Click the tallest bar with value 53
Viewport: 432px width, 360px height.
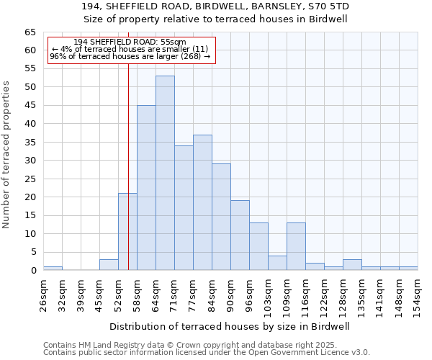tap(165, 173)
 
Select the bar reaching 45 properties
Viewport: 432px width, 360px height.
tap(146, 187)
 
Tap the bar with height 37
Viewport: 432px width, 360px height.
tap(202, 202)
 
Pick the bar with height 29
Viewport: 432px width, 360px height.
tap(221, 217)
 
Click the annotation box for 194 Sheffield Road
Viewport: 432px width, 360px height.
tap(131, 49)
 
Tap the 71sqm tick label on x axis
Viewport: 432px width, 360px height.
tap(174, 294)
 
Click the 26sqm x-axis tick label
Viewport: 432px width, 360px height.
tap(44, 294)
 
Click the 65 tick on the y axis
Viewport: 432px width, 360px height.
tap(30, 32)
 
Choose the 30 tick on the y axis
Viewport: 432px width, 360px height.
tap(30, 161)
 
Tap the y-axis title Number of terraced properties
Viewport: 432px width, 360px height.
tap(7, 155)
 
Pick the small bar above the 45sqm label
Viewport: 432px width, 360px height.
tap(109, 264)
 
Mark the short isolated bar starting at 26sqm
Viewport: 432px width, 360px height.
tap(53, 268)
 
